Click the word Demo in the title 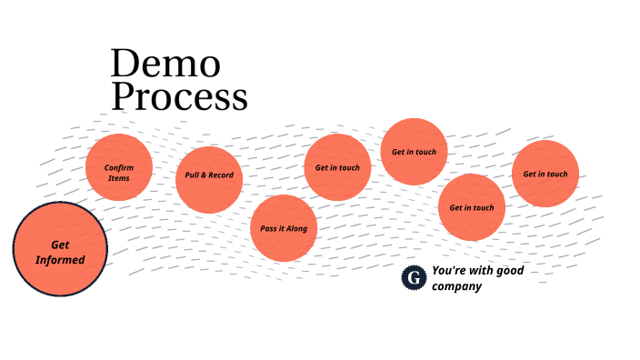165,64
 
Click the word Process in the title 179,96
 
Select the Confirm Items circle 118,168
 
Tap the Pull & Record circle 209,179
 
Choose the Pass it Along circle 284,228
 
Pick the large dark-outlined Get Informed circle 60,249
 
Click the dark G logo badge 414,277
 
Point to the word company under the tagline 456,286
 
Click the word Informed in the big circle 60,260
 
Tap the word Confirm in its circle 119,167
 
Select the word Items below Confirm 119,177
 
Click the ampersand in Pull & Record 204,175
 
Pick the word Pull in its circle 192,175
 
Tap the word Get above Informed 60,245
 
